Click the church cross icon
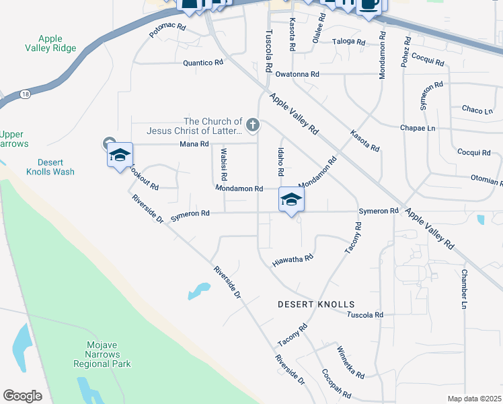coord(253,124)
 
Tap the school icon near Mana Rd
coord(120,156)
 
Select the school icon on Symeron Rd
coord(291,199)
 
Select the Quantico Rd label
coord(202,63)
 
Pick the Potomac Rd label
coord(167,29)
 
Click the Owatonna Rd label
coord(297,74)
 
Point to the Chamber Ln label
coord(464,290)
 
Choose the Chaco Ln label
coord(477,109)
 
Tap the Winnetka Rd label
coord(350,362)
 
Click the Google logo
coord(22,395)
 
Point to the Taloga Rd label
coord(348,42)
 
